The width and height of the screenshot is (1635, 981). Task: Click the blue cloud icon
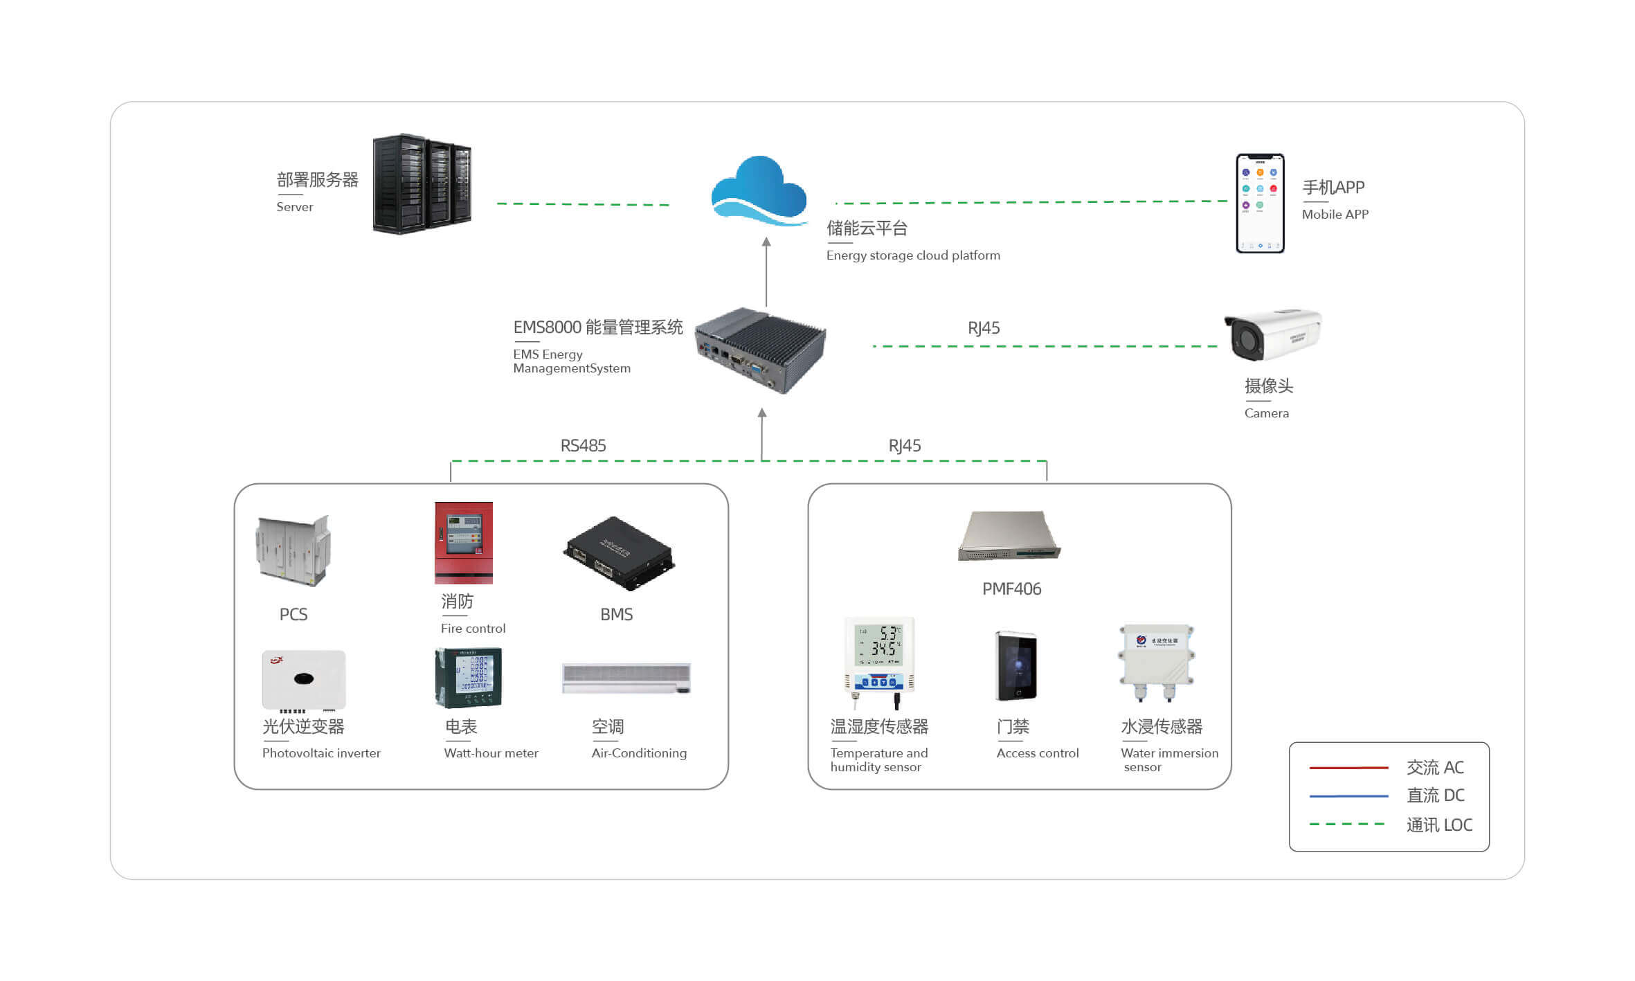759,190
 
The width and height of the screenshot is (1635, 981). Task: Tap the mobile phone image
1260,203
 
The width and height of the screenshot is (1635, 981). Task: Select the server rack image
422,184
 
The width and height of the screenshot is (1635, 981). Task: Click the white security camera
1272,334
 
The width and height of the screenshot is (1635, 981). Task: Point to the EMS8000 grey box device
760,350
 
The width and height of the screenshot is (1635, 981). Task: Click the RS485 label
583,445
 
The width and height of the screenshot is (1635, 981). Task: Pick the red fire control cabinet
464,543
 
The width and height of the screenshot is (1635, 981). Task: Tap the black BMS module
618,552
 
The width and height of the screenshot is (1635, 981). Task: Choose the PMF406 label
1011,589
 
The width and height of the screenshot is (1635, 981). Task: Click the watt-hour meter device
469,678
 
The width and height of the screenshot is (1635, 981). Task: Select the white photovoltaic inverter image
303,680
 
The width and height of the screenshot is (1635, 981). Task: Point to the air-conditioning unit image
626,678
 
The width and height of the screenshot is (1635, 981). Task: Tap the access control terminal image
1015,666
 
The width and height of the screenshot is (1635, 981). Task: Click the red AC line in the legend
1348,768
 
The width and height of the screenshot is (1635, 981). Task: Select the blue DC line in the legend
1348,796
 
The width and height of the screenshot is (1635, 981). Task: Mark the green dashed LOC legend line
1347,825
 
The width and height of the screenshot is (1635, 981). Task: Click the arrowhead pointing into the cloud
766,242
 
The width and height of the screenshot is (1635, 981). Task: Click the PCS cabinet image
293,550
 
